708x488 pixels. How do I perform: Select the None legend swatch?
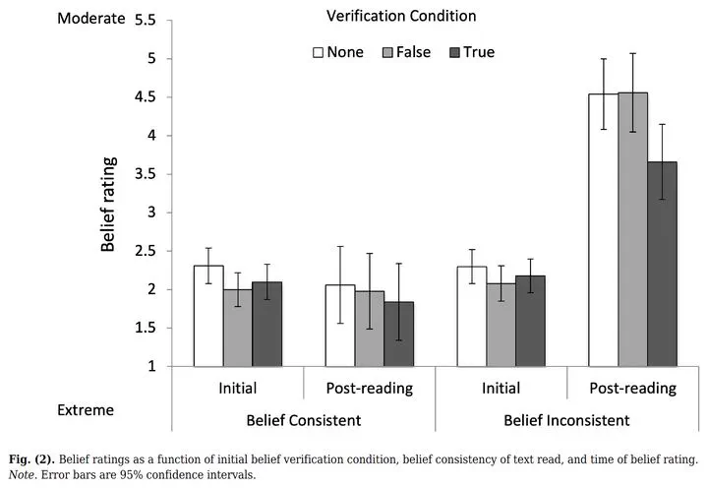click(x=319, y=52)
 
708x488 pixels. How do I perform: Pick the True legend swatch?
click(x=455, y=52)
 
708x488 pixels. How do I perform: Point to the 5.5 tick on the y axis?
click(x=145, y=21)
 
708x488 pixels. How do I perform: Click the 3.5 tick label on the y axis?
click(x=145, y=174)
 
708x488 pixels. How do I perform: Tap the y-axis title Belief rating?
click(x=109, y=203)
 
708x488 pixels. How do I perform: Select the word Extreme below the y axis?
click(x=86, y=408)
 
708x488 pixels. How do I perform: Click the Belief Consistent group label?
click(x=303, y=420)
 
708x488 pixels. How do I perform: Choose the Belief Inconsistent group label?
click(x=565, y=420)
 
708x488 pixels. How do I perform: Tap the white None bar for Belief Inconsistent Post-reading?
click(x=603, y=230)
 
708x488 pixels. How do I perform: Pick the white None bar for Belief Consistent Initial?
click(x=208, y=316)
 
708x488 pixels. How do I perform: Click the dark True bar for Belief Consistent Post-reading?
click(x=398, y=334)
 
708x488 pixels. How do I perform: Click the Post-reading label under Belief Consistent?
click(x=370, y=388)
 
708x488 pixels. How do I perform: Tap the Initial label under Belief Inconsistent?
click(x=501, y=388)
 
